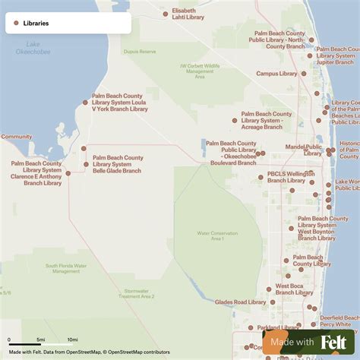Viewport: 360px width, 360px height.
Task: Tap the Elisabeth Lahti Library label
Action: (x=188, y=14)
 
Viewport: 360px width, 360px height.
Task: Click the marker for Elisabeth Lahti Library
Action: (x=166, y=14)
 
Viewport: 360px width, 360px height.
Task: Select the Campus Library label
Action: (x=276, y=74)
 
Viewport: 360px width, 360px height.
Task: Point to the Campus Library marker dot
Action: (x=304, y=74)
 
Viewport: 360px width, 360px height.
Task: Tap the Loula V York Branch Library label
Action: (x=120, y=103)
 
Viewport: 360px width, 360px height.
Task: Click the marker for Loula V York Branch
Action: (x=85, y=103)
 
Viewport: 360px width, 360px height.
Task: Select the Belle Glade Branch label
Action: (x=118, y=164)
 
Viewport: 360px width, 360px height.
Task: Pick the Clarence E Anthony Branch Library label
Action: (x=36, y=173)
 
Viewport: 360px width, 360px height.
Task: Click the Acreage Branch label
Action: (x=267, y=120)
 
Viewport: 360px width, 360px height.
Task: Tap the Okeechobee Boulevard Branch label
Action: (x=231, y=153)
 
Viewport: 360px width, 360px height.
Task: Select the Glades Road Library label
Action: (x=240, y=302)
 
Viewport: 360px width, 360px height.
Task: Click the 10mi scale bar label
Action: (x=72, y=339)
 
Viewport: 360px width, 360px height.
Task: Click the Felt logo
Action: (x=333, y=343)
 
